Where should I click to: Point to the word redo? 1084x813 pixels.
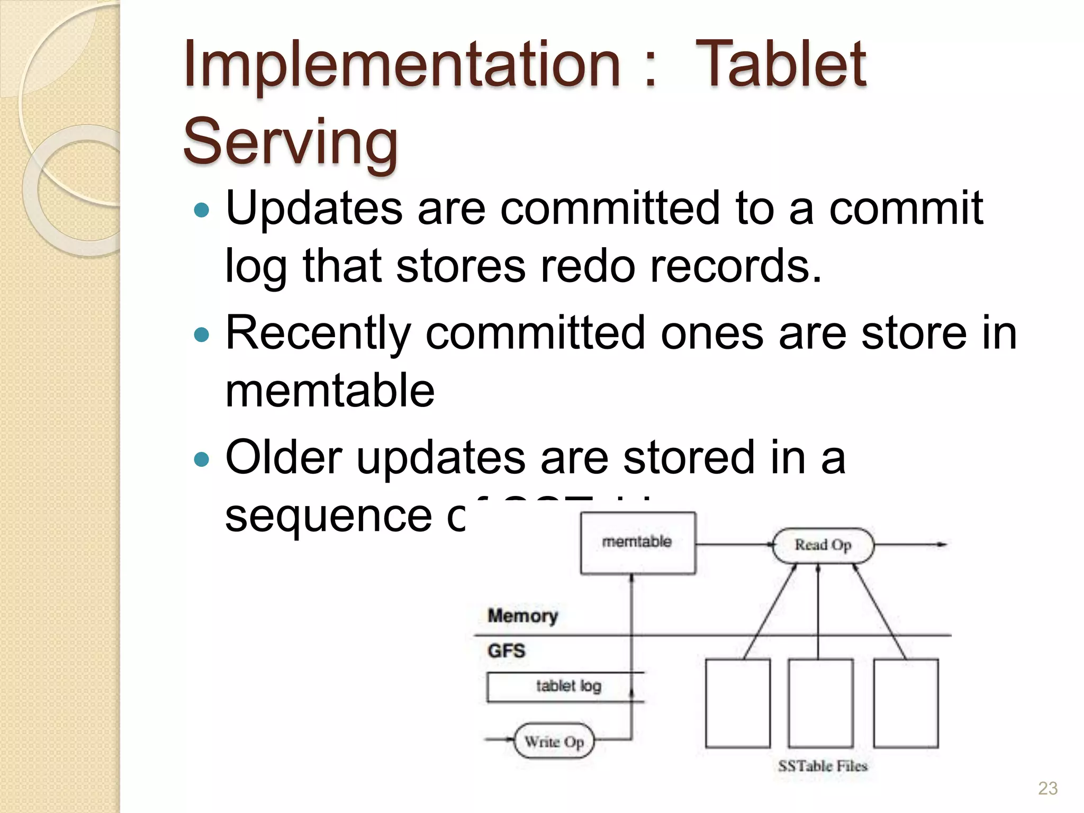click(x=586, y=266)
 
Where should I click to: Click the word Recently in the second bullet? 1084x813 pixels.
click(x=318, y=333)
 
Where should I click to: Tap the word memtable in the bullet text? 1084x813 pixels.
click(x=330, y=391)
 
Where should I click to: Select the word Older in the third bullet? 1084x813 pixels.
click(x=283, y=457)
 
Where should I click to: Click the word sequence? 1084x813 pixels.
click(x=328, y=516)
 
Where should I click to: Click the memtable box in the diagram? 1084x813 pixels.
click(x=637, y=543)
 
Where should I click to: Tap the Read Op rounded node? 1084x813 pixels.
click(x=823, y=545)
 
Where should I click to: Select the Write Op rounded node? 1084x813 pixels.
click(x=554, y=741)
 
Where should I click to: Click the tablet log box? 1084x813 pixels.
click(x=566, y=686)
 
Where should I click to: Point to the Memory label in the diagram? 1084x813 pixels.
click(x=522, y=616)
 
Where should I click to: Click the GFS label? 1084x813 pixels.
click(x=506, y=651)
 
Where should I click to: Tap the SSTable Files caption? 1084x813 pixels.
click(x=823, y=766)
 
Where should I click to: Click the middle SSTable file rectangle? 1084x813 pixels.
click(x=820, y=703)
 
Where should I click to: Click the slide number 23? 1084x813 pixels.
click(x=1047, y=789)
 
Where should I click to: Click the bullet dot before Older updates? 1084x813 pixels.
click(x=202, y=459)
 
